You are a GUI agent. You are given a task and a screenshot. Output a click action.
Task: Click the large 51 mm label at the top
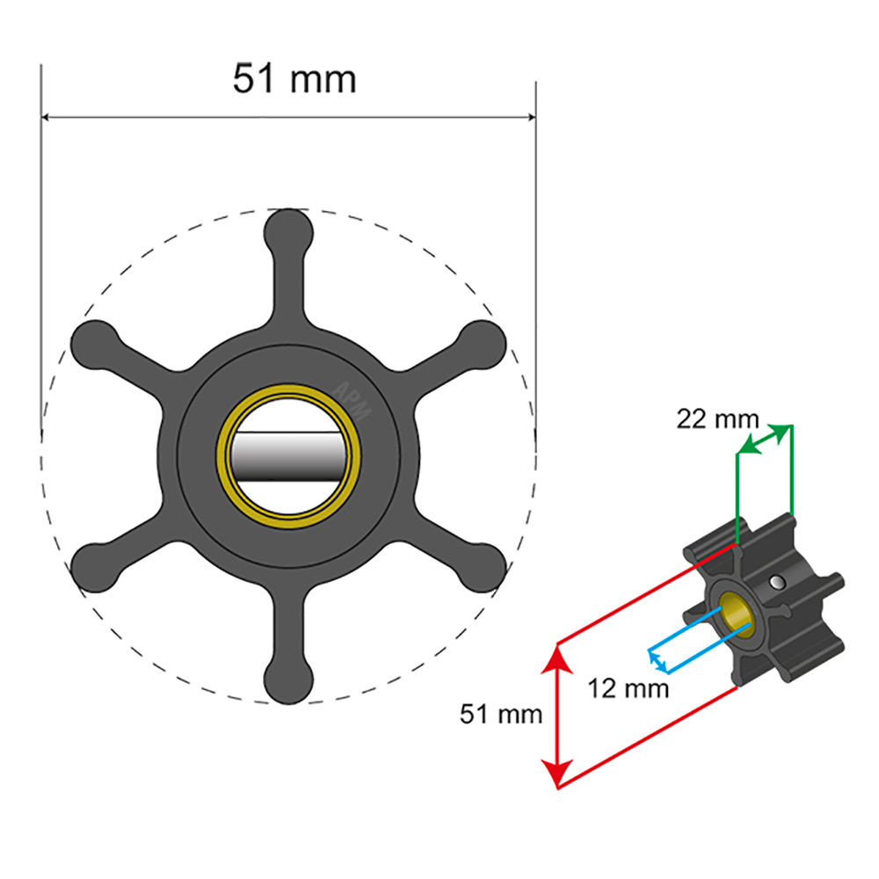click(x=294, y=79)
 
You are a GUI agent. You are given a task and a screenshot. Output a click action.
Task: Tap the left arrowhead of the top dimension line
click(x=47, y=117)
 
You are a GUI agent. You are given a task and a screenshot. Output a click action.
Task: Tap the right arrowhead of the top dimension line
click(x=530, y=117)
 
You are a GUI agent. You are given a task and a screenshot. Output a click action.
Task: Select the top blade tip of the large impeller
click(x=289, y=231)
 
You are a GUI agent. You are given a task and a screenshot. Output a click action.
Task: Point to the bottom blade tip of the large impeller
click(x=289, y=680)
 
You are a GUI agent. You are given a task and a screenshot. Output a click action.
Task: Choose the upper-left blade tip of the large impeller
click(x=95, y=344)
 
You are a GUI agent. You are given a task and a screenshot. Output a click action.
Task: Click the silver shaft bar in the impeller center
click(x=289, y=455)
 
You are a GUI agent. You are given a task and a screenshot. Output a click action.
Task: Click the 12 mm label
click(x=628, y=687)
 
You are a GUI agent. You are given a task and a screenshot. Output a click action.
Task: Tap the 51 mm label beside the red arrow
click(x=501, y=714)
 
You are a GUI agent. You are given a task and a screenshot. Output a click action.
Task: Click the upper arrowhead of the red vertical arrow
click(x=556, y=654)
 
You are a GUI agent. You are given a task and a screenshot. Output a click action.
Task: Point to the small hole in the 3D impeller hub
click(x=777, y=581)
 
